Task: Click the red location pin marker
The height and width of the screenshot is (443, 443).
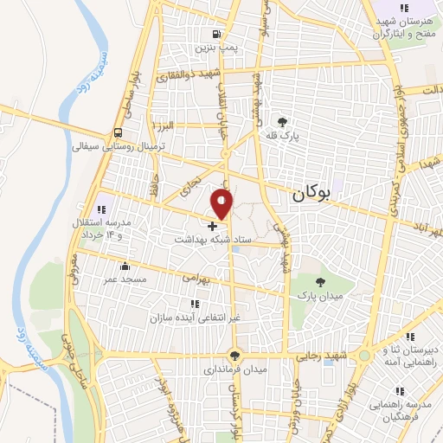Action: tap(222, 202)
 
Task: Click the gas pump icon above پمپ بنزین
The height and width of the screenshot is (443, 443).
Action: tap(213, 35)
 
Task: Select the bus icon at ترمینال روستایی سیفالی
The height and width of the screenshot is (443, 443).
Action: tap(116, 132)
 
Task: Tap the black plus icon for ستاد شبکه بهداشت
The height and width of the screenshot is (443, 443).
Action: tap(213, 225)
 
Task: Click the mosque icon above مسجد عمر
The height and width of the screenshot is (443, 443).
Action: tap(125, 266)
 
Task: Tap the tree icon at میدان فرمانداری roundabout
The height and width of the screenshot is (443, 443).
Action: tap(234, 355)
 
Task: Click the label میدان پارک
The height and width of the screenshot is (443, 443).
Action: tap(321, 297)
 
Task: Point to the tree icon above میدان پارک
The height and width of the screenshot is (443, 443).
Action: tap(321, 282)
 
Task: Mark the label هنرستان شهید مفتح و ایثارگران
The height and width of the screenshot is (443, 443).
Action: tap(406, 27)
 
